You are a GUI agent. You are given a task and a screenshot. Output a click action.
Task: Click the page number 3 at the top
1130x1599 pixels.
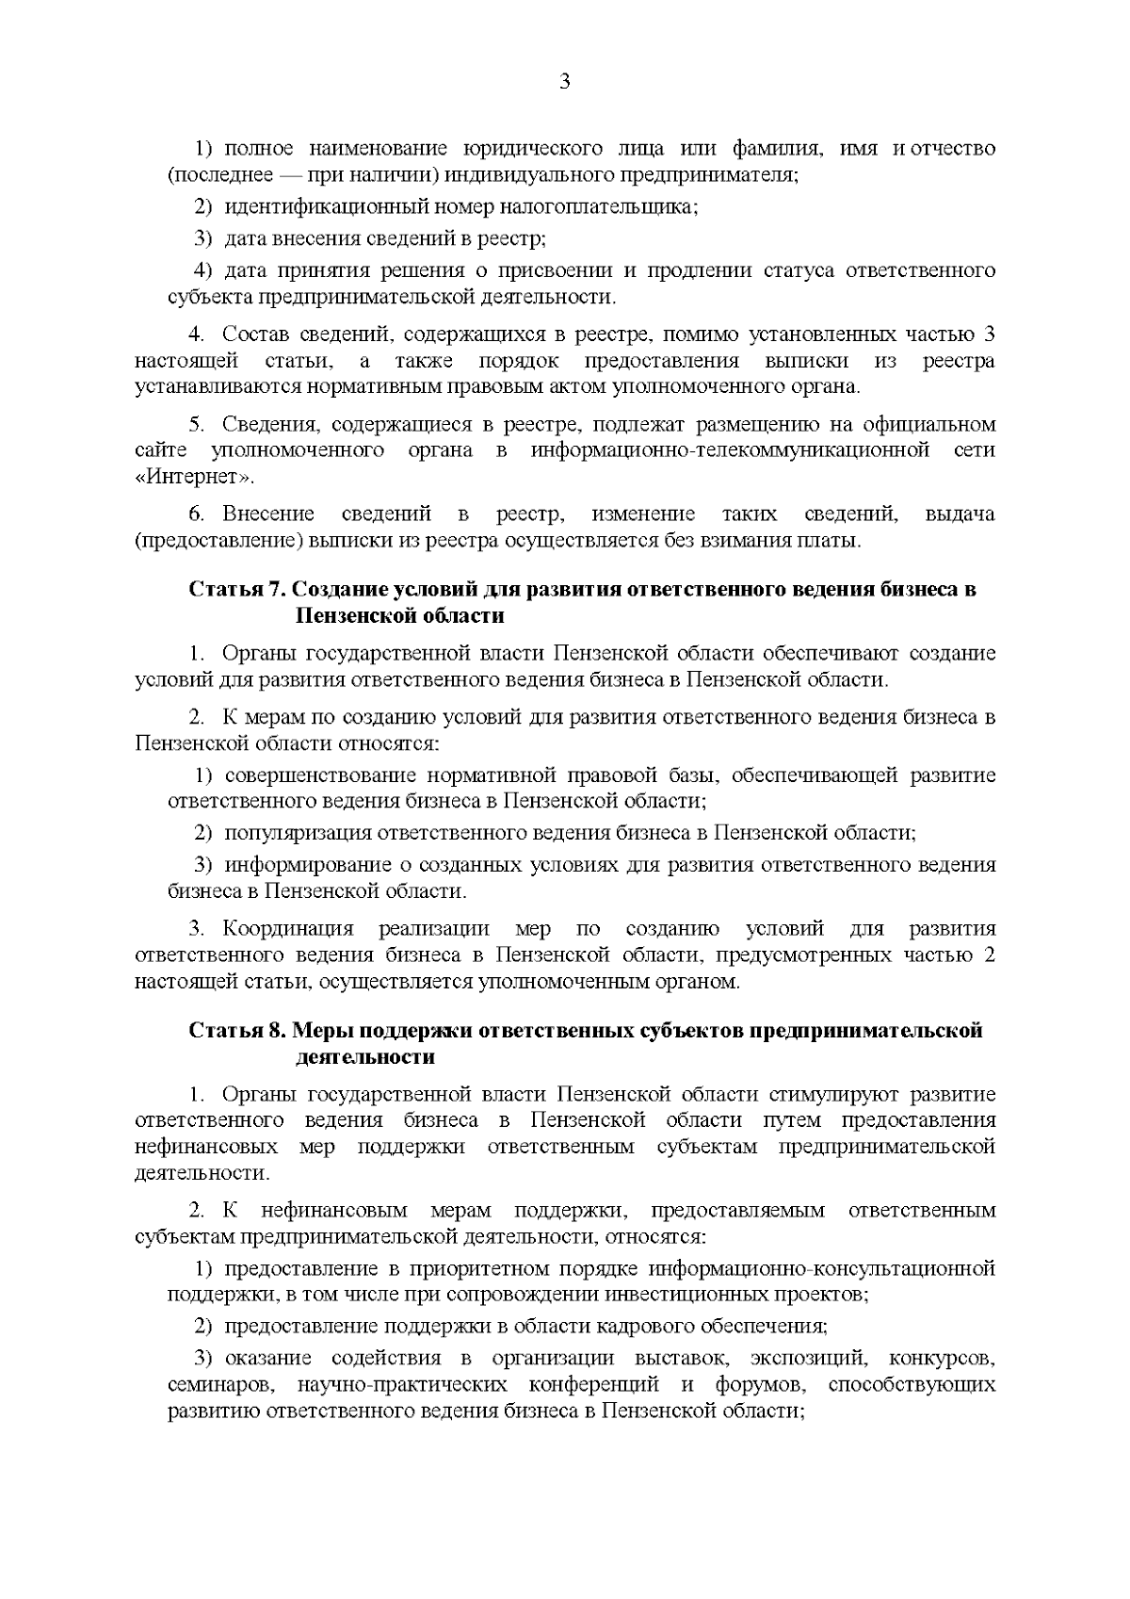[564, 82]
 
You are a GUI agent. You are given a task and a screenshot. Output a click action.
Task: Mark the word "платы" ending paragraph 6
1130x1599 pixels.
[832, 541]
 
